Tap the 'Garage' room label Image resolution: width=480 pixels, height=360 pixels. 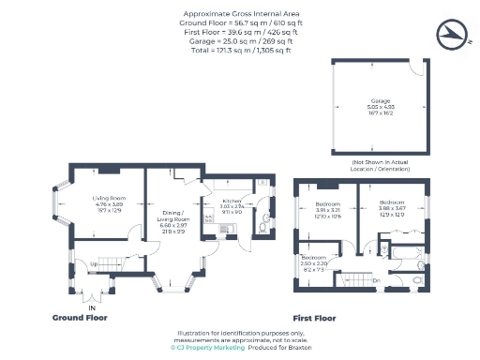point(382,99)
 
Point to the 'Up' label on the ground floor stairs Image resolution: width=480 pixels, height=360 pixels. point(94,263)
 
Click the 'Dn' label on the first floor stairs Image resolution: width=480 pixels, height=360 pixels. point(376,279)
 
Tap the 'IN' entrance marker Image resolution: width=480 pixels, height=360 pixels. point(92,307)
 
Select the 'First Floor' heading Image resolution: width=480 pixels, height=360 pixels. point(314,318)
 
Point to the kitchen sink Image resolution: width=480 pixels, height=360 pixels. point(222,229)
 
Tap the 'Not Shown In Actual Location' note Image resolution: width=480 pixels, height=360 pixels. point(382,165)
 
